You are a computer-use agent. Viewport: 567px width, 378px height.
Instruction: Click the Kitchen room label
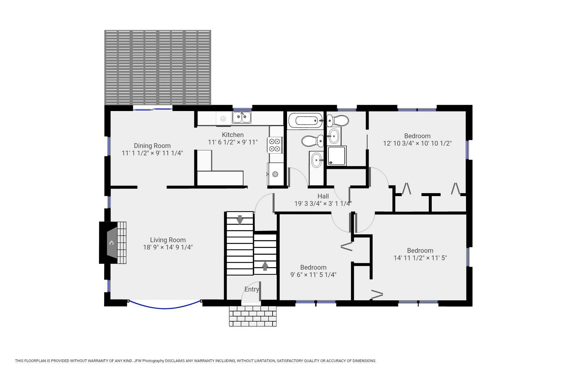tap(233, 135)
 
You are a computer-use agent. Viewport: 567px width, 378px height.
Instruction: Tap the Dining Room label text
tap(152, 146)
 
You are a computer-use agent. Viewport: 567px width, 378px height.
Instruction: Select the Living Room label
tap(168, 240)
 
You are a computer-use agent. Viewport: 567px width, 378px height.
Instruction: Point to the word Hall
tap(323, 196)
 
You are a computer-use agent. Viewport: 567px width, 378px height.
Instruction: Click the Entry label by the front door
tap(252, 289)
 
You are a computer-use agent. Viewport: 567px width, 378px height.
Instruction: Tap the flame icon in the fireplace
tap(112, 243)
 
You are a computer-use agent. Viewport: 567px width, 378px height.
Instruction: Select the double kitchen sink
tap(242, 117)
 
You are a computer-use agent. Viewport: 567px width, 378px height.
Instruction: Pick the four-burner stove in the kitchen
tap(275, 145)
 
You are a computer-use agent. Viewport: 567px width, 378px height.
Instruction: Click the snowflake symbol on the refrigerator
tap(275, 174)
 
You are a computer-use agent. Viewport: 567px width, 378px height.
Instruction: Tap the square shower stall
tap(336, 156)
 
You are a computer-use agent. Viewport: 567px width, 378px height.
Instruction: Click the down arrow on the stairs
tap(240, 220)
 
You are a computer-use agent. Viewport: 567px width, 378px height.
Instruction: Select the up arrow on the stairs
tap(265, 266)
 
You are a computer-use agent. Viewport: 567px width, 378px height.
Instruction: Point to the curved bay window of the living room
tap(165, 308)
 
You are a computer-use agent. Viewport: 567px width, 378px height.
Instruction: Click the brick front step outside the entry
tap(253, 316)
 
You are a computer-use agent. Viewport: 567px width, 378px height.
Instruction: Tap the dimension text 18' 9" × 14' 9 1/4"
tap(168, 247)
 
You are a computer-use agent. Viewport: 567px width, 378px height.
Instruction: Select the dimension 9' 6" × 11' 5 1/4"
tap(313, 275)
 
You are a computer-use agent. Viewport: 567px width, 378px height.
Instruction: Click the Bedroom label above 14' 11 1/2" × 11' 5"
tap(420, 251)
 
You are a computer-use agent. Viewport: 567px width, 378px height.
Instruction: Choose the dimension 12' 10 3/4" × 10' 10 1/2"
tap(417, 144)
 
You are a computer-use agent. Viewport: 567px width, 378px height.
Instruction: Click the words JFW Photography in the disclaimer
tap(149, 361)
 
